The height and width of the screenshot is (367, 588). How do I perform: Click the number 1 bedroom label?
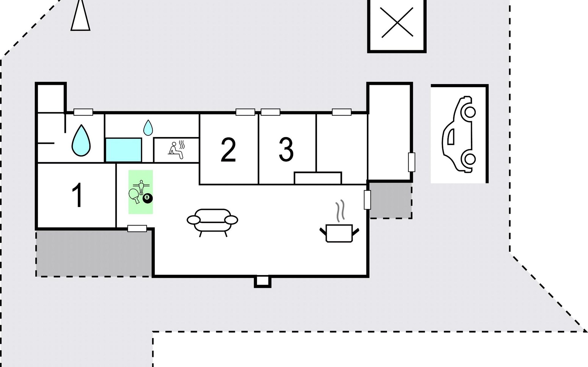77,195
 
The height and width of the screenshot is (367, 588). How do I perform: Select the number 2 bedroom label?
228,150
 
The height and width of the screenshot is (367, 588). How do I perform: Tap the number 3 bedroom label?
286,149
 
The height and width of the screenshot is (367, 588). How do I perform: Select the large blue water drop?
81,140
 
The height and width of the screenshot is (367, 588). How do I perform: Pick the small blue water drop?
148,128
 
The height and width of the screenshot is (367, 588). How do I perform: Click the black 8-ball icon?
148,198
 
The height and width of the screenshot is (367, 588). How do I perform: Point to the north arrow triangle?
81,15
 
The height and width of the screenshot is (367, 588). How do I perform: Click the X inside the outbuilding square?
397,23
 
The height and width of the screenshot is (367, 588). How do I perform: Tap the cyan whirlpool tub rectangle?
123,150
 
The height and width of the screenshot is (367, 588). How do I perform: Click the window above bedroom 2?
245,112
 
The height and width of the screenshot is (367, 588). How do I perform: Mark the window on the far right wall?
412,162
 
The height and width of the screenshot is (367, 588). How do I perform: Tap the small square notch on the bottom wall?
262,281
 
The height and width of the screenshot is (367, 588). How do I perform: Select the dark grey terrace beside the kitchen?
390,200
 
